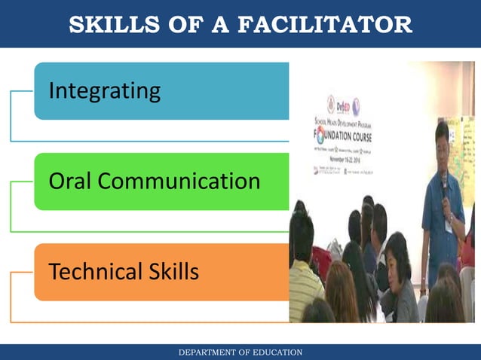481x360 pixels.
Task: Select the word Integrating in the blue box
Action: pyautogui.click(x=104, y=91)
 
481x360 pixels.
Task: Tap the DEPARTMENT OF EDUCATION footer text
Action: pyautogui.click(x=240, y=352)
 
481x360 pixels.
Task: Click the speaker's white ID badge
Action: pyautogui.click(x=449, y=226)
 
